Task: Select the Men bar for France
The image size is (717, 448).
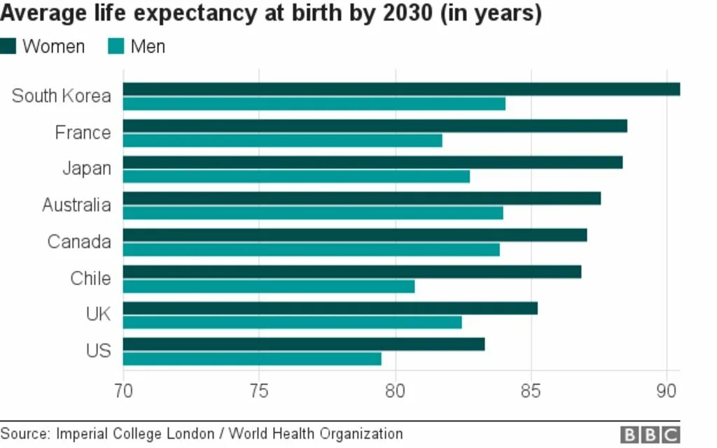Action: click(x=283, y=141)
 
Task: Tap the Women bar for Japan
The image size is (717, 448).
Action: click(x=373, y=162)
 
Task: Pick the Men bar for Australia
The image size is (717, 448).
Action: click(x=313, y=213)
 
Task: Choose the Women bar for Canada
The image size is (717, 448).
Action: click(x=355, y=235)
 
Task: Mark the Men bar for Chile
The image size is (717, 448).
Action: click(x=269, y=286)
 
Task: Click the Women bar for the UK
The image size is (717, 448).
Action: click(x=330, y=308)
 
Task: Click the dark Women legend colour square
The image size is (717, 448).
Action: click(x=8, y=47)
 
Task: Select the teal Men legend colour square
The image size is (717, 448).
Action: click(x=116, y=47)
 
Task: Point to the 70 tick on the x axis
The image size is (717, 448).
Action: click(x=123, y=390)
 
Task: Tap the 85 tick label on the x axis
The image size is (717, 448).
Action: click(x=531, y=390)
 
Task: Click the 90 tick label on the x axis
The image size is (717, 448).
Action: click(x=667, y=390)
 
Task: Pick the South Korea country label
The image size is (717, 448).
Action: click(x=62, y=96)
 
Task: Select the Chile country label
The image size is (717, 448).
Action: click(x=90, y=279)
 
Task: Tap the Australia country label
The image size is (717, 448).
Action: click(x=76, y=205)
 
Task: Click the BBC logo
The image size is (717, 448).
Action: click(x=650, y=435)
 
